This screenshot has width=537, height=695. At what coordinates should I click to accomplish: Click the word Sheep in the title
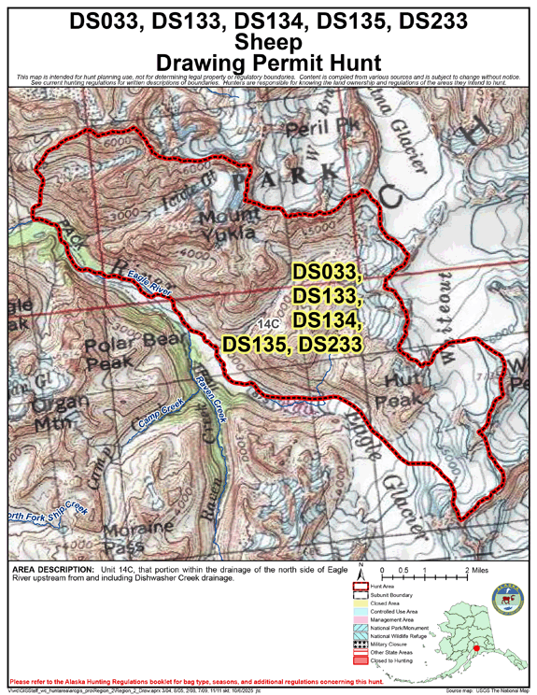[268, 41]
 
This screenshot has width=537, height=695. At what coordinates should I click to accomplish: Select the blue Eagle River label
[149, 282]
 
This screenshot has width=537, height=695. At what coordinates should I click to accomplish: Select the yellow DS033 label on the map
[326, 272]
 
